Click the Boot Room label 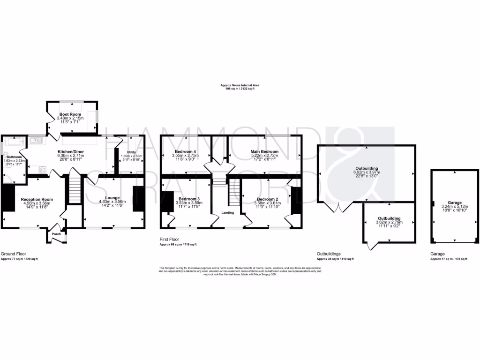70,114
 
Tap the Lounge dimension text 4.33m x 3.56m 112,202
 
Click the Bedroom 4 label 185,151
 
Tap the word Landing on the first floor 228,213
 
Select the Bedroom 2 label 266,199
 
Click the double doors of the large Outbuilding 341,206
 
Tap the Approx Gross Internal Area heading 240,85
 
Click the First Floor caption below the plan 170,239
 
